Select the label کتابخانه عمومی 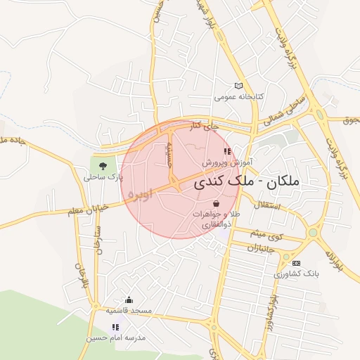click(239, 96)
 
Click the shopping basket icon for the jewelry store click(215, 203)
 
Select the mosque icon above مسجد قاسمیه click(129, 300)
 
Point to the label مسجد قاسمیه click(129, 310)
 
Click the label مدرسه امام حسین click(116, 337)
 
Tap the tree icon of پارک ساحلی click(103, 167)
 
